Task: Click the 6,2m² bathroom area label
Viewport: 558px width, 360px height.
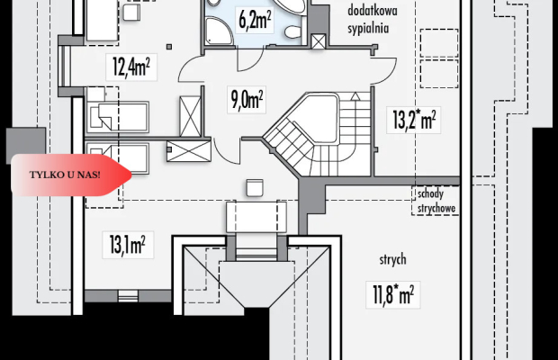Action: click(255, 21)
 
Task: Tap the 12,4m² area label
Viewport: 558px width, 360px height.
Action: click(131, 67)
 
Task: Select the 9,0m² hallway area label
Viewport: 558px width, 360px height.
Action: click(247, 100)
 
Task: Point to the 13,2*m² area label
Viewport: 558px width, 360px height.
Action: click(414, 120)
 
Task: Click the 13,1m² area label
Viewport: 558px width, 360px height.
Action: click(128, 245)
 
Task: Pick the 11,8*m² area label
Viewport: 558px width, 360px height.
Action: click(393, 295)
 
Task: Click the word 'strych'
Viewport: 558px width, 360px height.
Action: click(392, 259)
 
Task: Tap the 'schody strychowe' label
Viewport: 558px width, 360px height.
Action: click(436, 201)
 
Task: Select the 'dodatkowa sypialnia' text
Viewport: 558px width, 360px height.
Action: click(373, 19)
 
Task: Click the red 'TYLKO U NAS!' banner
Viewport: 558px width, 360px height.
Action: click(71, 175)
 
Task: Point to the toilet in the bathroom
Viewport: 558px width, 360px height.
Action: click(294, 32)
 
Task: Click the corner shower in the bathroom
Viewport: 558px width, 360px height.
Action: click(218, 31)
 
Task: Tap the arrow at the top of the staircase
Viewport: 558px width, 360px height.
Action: click(355, 95)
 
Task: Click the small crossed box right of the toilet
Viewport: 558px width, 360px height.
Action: click(318, 41)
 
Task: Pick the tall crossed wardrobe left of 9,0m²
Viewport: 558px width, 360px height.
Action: click(190, 116)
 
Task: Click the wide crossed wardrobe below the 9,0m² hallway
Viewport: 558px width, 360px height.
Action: click(189, 151)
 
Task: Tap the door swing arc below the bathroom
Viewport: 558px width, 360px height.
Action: click(250, 59)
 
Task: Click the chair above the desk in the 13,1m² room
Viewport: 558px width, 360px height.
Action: click(255, 187)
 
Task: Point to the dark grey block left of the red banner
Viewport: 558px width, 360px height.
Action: click(25, 141)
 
